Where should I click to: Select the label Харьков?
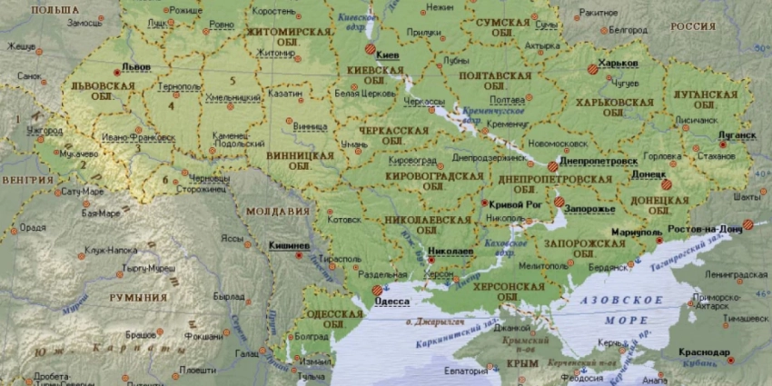point(619,64)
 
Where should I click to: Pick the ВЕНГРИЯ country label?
point(27,180)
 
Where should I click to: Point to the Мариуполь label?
point(634,232)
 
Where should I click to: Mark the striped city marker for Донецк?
point(666,184)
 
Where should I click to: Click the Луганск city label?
point(737,135)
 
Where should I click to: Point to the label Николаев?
point(450,251)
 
